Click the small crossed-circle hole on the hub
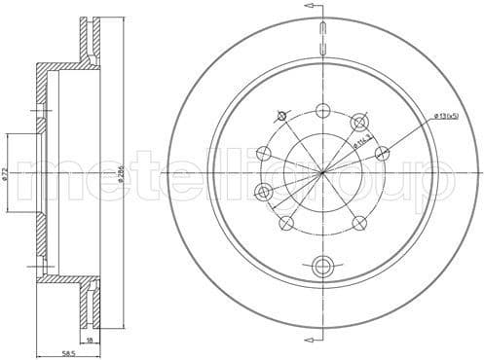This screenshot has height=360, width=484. (282, 116)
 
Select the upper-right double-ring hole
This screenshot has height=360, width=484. (359, 122)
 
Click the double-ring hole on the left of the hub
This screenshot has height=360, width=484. (262, 190)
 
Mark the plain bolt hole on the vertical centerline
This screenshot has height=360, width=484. (324, 110)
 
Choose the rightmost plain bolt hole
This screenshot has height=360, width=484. (383, 152)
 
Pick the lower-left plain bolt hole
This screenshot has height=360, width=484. (287, 223)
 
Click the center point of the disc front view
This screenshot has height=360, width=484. (324, 172)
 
